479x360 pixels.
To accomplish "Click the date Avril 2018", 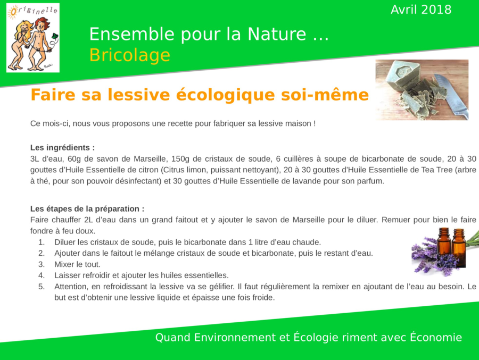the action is click(421, 10).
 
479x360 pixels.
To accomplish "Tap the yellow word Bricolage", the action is click(129, 55).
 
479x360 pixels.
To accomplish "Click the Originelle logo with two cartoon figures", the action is click(33, 38).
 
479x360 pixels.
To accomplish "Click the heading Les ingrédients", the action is click(62, 147).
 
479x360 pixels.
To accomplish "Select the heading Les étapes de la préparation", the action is click(87, 209).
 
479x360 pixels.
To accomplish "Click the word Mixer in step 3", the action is click(63, 264).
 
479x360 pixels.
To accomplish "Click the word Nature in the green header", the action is click(277, 34).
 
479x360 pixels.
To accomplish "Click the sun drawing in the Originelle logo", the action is click(13, 12).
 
